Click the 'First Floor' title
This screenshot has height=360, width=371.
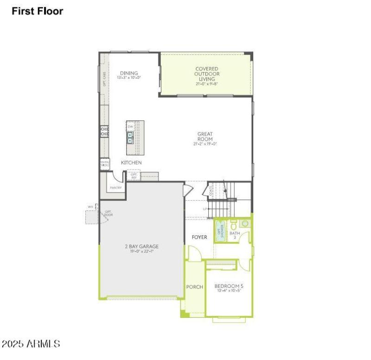(x=37, y=11)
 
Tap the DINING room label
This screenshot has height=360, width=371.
(x=129, y=73)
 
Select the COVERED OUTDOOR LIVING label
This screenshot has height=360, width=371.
(x=206, y=74)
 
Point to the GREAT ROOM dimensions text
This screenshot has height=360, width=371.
(x=205, y=144)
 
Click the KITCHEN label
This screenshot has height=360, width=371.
(x=131, y=163)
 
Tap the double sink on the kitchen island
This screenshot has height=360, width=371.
(x=131, y=138)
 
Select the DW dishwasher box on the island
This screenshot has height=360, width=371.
(x=131, y=126)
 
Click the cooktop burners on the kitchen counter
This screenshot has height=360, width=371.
(x=105, y=132)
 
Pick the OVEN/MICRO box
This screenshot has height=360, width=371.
(x=105, y=164)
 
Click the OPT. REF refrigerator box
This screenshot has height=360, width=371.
(x=134, y=176)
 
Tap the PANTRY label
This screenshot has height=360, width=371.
(x=115, y=188)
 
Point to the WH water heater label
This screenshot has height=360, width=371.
(x=90, y=207)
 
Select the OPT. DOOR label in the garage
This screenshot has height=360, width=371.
(x=108, y=214)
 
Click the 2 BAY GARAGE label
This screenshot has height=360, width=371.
(x=141, y=246)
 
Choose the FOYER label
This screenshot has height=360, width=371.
(x=199, y=237)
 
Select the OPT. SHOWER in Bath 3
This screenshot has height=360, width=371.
(x=221, y=231)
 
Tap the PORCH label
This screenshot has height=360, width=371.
(x=194, y=287)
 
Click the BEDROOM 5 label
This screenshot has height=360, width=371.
(x=229, y=286)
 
